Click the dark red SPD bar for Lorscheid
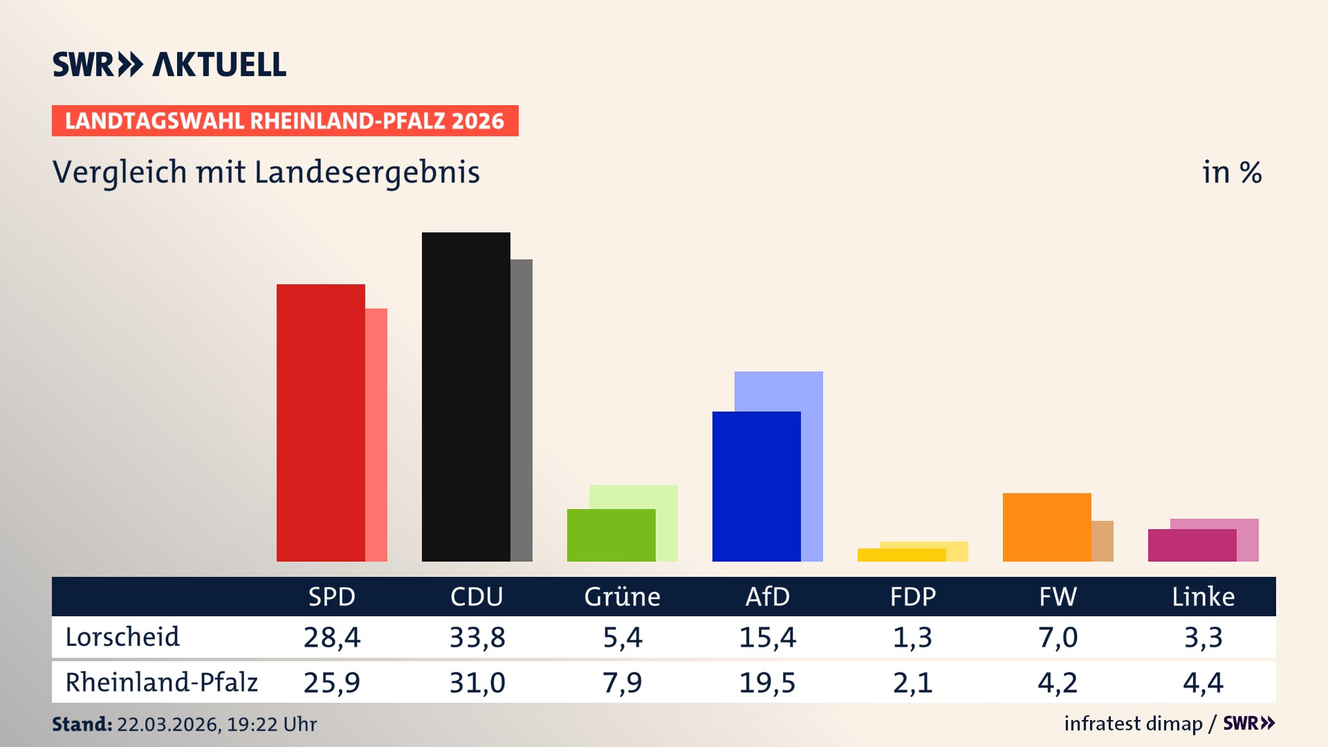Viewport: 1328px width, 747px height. tap(320, 423)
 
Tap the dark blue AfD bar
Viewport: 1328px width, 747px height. tap(756, 486)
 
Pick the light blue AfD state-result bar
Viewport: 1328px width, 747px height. tap(779, 391)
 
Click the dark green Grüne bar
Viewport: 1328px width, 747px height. tap(611, 535)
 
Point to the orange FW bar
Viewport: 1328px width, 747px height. tap(1046, 527)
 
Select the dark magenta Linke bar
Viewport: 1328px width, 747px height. tap(1192, 545)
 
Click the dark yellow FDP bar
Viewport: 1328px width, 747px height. tap(901, 555)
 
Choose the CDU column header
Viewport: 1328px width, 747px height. tap(477, 596)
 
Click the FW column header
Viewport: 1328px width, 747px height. tap(1058, 596)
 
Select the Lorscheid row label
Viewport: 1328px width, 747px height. tap(122, 637)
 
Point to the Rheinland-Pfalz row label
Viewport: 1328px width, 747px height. tap(161, 682)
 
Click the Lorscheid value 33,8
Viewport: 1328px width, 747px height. tap(477, 637)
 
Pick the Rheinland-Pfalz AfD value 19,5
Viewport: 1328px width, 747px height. tap(767, 683)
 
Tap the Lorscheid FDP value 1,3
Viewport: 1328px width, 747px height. tap(912, 637)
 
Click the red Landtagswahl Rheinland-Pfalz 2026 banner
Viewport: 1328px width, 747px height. tap(285, 121)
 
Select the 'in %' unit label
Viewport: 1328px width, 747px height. tap(1232, 172)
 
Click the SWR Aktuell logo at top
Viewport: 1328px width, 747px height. tap(169, 64)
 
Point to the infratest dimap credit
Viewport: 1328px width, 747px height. tap(1133, 723)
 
